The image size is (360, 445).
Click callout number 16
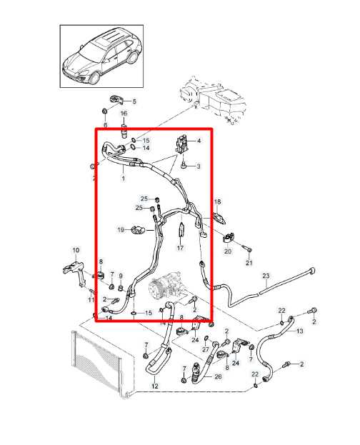click(x=124, y=114)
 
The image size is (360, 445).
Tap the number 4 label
click(x=199, y=141)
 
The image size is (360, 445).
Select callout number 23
click(x=266, y=276)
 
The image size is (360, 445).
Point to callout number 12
click(x=155, y=386)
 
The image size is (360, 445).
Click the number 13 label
click(x=299, y=331)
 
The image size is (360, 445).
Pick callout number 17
click(x=180, y=248)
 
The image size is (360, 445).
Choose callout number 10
click(x=76, y=250)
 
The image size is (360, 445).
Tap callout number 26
click(x=218, y=376)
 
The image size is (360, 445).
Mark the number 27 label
click(x=206, y=350)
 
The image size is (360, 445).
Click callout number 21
click(x=249, y=263)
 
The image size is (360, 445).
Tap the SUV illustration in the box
click(x=102, y=56)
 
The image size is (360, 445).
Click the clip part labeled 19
click(x=139, y=229)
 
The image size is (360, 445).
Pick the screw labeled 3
click(x=184, y=164)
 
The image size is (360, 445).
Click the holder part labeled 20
click(x=229, y=238)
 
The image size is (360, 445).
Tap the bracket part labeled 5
click(x=116, y=100)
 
